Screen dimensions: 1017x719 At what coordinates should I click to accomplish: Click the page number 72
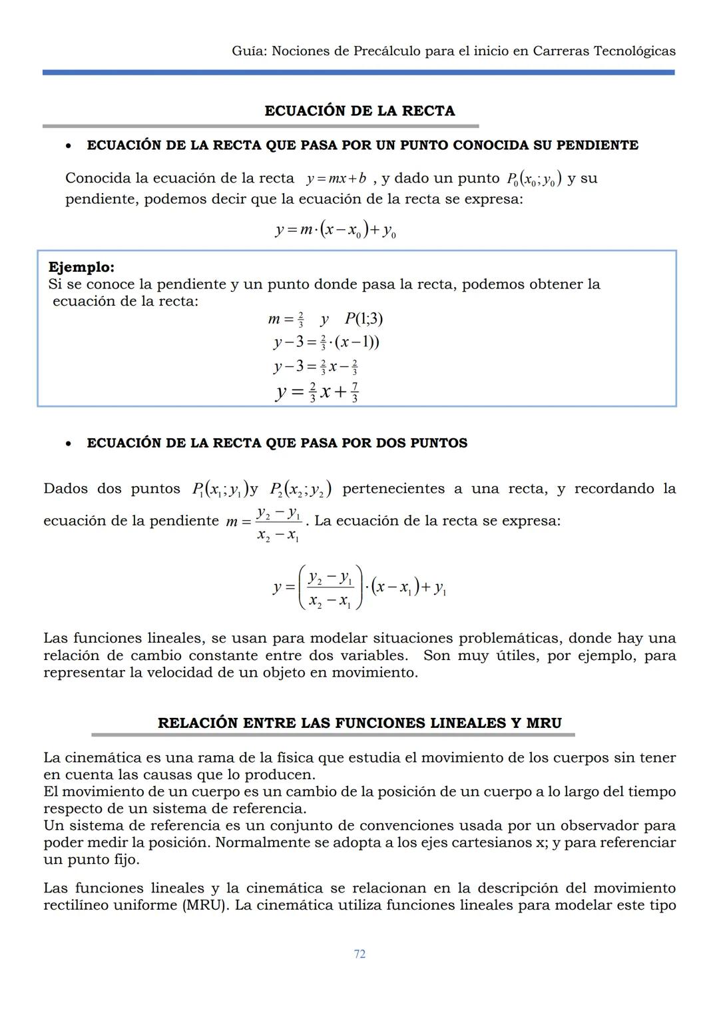(359, 954)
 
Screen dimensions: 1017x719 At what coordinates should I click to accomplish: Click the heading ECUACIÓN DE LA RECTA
(359, 111)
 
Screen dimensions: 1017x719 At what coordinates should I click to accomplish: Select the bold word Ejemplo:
(81, 267)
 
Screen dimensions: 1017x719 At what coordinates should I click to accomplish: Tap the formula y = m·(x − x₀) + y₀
(336, 230)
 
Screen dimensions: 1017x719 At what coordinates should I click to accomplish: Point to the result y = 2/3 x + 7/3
(318, 392)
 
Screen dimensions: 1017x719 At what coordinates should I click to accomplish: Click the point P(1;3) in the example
(363, 319)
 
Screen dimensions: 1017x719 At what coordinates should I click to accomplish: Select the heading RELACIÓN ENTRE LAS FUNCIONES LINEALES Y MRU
(359, 723)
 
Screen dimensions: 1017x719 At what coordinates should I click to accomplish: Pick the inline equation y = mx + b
(336, 178)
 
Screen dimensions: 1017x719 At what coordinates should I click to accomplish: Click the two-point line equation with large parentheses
(359, 587)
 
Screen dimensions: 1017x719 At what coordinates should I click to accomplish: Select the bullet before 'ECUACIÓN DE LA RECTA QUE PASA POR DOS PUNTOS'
(69, 444)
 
